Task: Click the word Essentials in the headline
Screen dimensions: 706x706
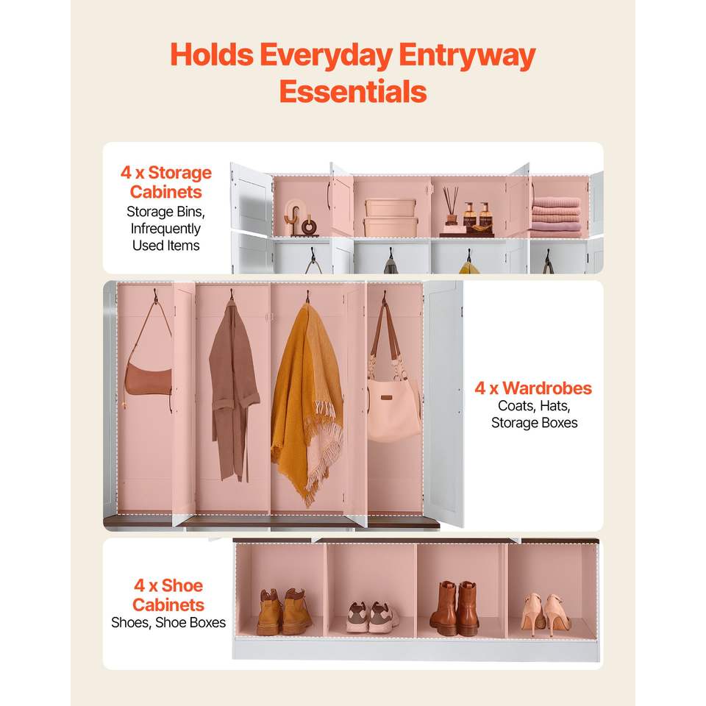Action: click(x=353, y=92)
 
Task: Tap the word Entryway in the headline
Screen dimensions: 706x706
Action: click(x=467, y=57)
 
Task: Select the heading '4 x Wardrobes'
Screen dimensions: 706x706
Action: click(x=533, y=388)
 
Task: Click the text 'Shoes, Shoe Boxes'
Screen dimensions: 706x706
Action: click(x=168, y=623)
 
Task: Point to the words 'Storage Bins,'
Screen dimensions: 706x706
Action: click(x=165, y=212)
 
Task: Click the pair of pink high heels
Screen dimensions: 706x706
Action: click(x=546, y=614)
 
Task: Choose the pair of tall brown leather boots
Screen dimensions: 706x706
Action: click(x=454, y=608)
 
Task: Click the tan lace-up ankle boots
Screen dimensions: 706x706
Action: click(x=285, y=612)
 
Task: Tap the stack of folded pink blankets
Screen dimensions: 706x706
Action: click(x=556, y=215)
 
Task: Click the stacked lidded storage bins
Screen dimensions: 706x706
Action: click(x=391, y=218)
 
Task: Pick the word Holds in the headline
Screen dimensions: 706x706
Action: click(x=212, y=55)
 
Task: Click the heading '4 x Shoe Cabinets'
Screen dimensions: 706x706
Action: click(x=168, y=595)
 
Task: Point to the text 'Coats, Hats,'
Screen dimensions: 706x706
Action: click(x=534, y=406)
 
